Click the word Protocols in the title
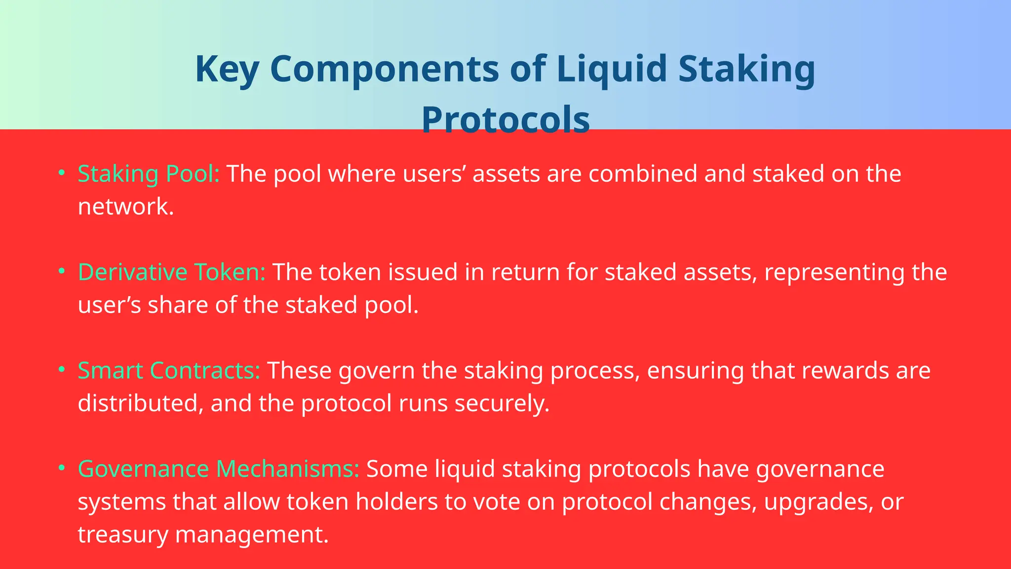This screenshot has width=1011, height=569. point(505,120)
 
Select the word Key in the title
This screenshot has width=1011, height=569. point(227,69)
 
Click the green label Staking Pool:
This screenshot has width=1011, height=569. point(149,174)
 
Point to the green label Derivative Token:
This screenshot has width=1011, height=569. point(172,272)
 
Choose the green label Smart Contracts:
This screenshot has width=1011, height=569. point(169,370)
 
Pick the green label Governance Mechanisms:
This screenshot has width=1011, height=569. point(219,469)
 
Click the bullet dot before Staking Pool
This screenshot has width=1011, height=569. point(62,173)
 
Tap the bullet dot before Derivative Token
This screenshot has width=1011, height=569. point(62,271)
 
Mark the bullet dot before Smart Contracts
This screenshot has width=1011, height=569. point(62,369)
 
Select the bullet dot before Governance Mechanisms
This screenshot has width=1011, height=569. point(62,468)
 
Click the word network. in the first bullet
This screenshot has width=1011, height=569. point(126,206)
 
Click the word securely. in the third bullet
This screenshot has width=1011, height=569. point(502,404)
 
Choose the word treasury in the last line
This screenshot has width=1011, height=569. point(123,535)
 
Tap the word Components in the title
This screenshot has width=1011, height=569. point(385,69)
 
